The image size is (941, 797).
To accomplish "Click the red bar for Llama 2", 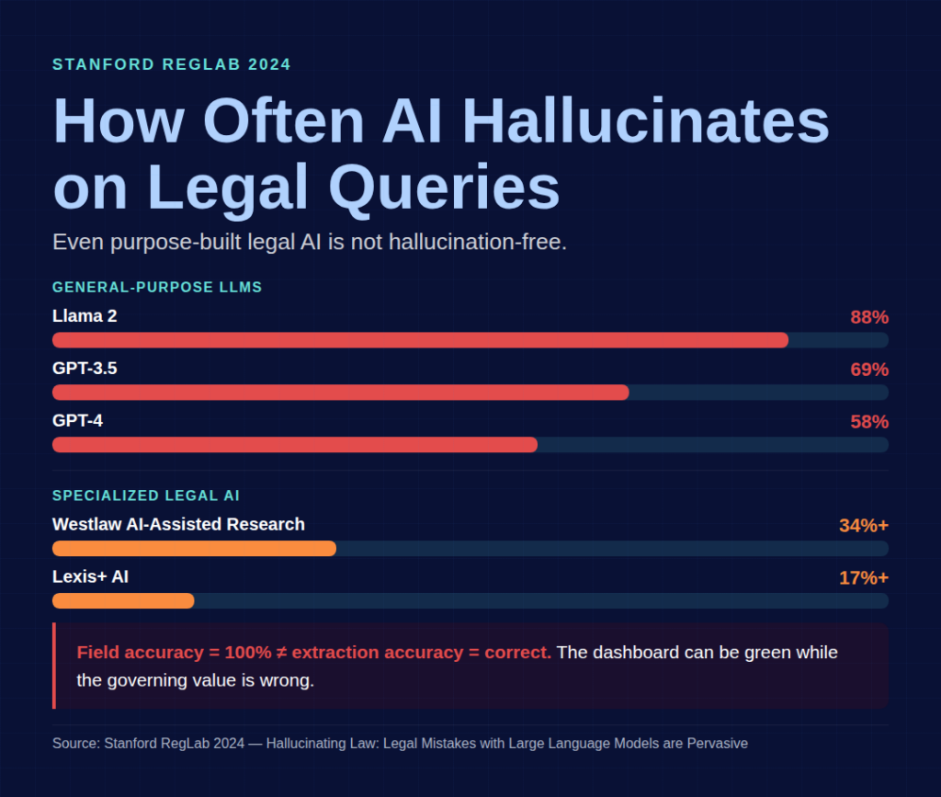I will (x=420, y=340).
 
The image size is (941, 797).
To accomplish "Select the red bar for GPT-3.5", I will (x=340, y=393).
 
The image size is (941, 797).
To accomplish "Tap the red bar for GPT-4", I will (x=294, y=445).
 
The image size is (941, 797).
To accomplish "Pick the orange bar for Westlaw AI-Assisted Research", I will (x=194, y=549).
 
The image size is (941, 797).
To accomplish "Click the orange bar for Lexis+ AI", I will (x=123, y=601).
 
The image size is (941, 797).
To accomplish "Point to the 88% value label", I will (x=868, y=317).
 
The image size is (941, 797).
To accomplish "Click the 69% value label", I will (x=868, y=370).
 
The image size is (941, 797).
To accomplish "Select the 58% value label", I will (x=868, y=422).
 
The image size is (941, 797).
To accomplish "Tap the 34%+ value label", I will (x=863, y=526).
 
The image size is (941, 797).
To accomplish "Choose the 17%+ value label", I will (x=863, y=578).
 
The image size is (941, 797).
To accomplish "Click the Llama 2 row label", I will (x=85, y=316).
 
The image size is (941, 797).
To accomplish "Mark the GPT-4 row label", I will (x=77, y=421).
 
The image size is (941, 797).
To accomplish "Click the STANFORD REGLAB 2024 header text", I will (x=172, y=64).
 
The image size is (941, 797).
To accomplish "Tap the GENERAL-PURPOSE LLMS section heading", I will (x=157, y=288).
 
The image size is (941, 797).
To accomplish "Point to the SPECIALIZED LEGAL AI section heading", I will (x=146, y=496).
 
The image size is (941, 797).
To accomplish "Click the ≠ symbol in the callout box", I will (x=281, y=653).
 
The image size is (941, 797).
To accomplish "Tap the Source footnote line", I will (x=400, y=743).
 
